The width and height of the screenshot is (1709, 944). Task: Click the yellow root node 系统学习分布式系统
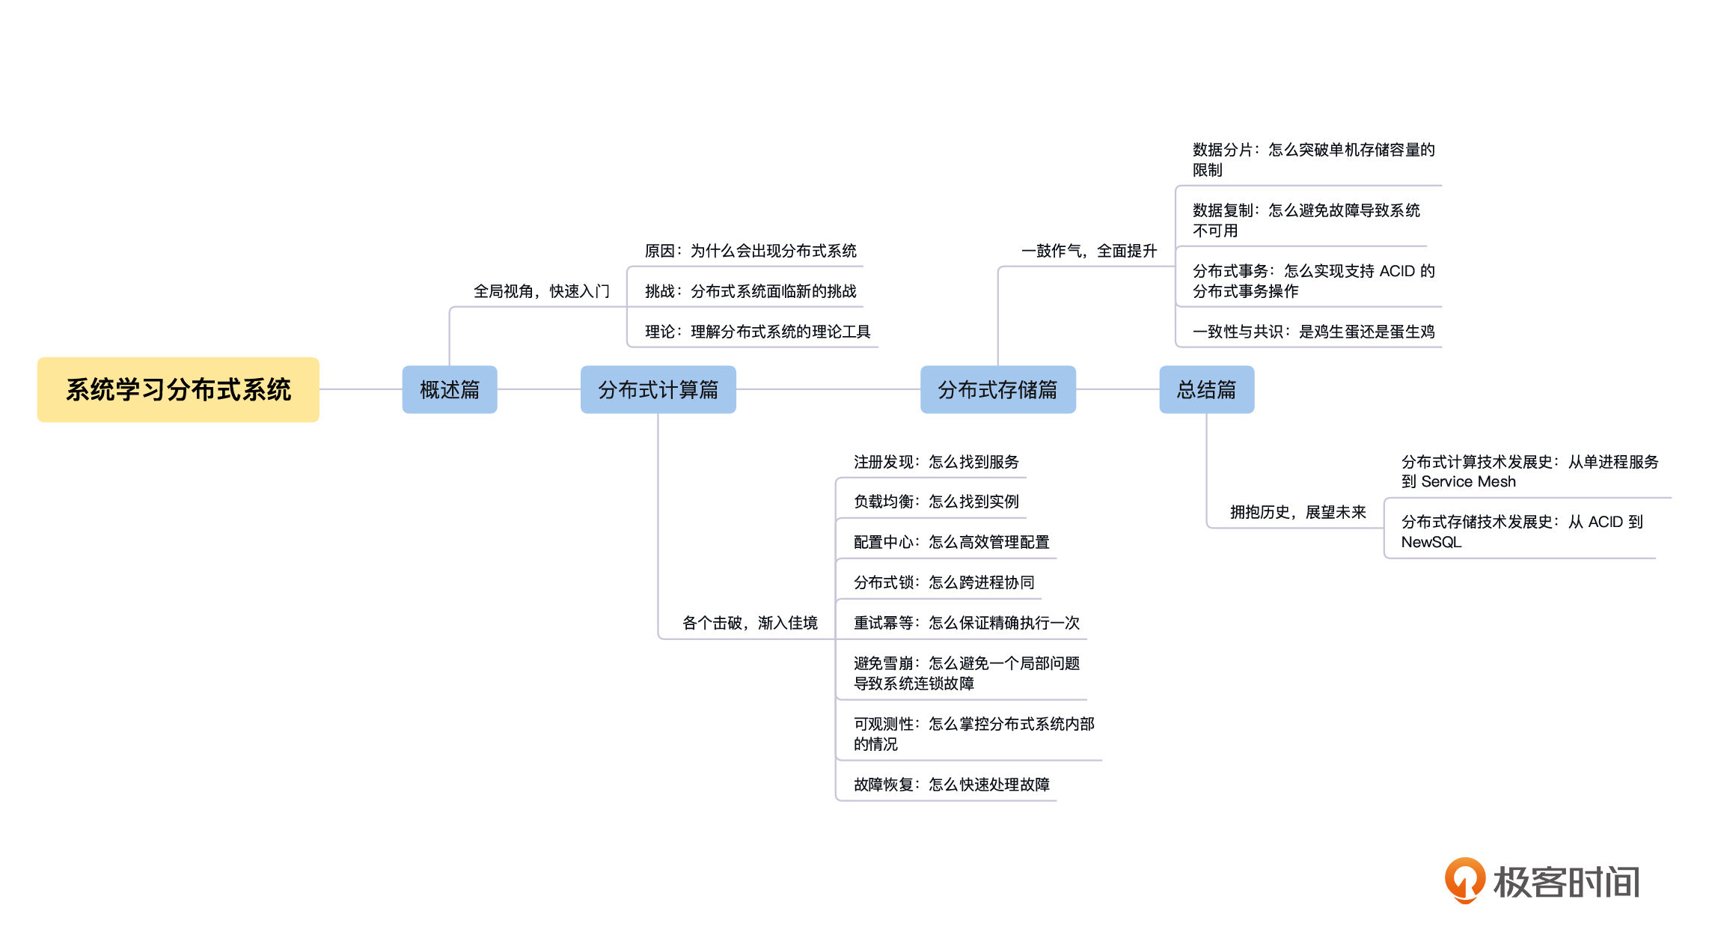click(x=178, y=389)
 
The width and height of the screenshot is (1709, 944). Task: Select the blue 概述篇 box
click(x=449, y=389)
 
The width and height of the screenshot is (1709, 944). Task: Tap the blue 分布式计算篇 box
click(x=658, y=389)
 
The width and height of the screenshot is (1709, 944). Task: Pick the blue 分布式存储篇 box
click(x=997, y=389)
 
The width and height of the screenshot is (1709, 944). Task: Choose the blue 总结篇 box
click(x=1206, y=389)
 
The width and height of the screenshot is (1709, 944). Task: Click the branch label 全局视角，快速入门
click(x=541, y=291)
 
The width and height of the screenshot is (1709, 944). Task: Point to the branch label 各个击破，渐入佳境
click(x=750, y=623)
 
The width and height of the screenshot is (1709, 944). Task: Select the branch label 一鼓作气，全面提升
click(x=1089, y=251)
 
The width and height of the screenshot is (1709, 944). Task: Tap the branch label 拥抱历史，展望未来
click(x=1297, y=512)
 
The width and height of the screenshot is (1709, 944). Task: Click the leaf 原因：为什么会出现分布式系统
click(x=750, y=251)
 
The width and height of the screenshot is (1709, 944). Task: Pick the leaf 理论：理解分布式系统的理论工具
click(x=757, y=332)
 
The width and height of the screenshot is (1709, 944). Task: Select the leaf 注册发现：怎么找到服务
click(x=936, y=462)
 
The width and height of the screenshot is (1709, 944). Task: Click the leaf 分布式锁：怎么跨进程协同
click(x=944, y=582)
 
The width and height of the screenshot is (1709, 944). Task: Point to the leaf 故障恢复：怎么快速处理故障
click(x=951, y=785)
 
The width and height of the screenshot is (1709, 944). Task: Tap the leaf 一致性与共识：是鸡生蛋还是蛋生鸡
click(x=1313, y=332)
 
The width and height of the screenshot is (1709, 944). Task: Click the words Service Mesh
click(x=1468, y=482)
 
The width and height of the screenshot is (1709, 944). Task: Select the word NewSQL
click(x=1431, y=543)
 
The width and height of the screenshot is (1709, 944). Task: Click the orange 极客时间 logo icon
click(x=1464, y=880)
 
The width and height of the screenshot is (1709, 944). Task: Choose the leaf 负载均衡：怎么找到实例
click(x=936, y=502)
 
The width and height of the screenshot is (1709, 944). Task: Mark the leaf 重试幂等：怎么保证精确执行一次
click(x=966, y=623)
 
